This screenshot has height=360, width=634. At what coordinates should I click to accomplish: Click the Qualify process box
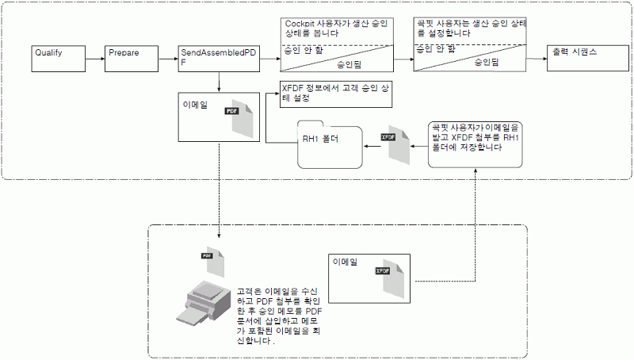pyautogui.click(x=59, y=57)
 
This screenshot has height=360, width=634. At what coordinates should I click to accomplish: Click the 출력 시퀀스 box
pyautogui.click(x=582, y=57)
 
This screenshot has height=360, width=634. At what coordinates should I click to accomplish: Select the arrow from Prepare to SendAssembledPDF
pyautogui.click(x=170, y=58)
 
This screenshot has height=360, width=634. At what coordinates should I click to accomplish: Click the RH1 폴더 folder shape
pyautogui.click(x=329, y=144)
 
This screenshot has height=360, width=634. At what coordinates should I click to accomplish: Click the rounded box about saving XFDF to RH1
pyautogui.click(x=475, y=142)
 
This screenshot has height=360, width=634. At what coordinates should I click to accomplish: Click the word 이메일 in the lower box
pyautogui.click(x=346, y=261)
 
